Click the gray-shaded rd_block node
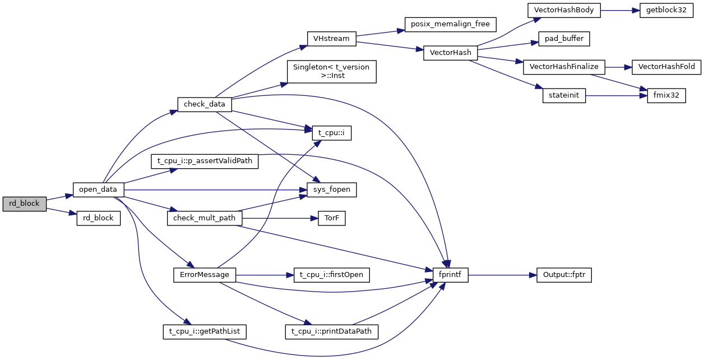pyautogui.click(x=24, y=204)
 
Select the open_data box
pyautogui.click(x=98, y=190)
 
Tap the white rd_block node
pyautogui.click(x=98, y=218)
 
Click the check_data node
pyautogui.click(x=205, y=104)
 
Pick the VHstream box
pyautogui.click(x=332, y=39)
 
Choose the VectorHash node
pyautogui.click(x=450, y=53)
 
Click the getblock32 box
pyautogui.click(x=664, y=10)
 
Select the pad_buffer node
pyautogui.click(x=564, y=39)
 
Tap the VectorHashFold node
pyautogui.click(x=666, y=67)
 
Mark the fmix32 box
pyautogui.click(x=666, y=95)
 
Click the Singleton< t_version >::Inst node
pyautogui.click(x=331, y=71)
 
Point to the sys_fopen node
pyautogui.click(x=332, y=190)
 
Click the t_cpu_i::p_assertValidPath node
pyautogui.click(x=205, y=161)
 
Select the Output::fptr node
pyautogui.click(x=564, y=275)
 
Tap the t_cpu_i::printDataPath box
pyautogui.click(x=332, y=331)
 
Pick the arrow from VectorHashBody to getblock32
pyautogui.click(x=620, y=10)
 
